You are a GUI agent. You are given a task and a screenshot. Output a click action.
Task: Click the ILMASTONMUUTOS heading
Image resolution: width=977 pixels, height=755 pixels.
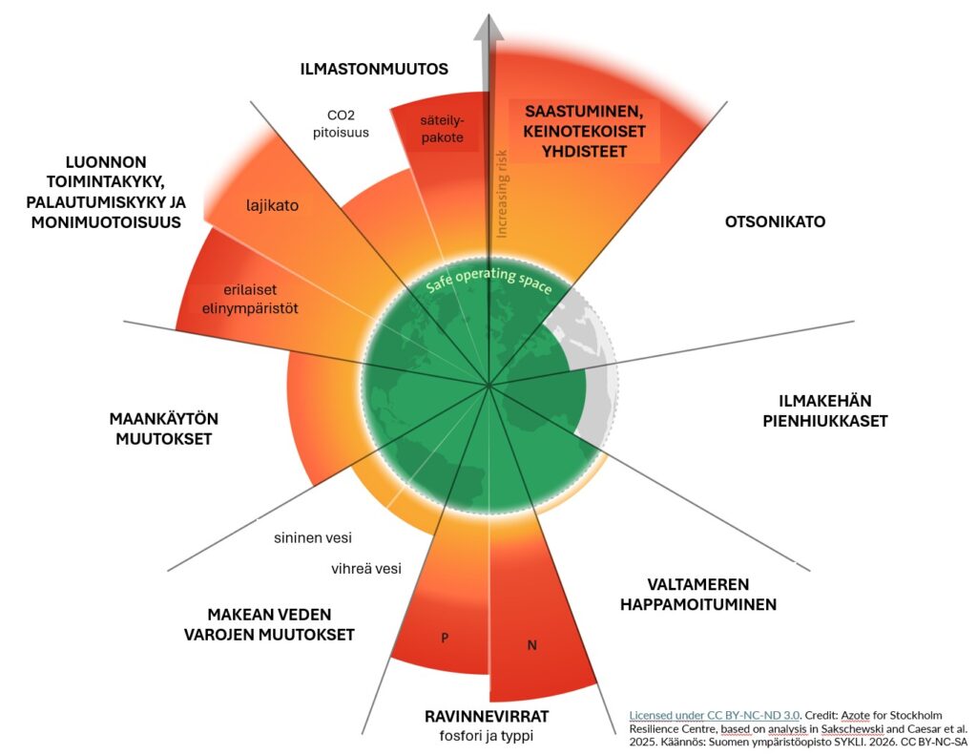[374, 69]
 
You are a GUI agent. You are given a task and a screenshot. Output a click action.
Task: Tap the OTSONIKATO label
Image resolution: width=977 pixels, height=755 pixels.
[775, 221]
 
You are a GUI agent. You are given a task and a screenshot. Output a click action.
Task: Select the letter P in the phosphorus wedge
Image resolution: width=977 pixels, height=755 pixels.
[445, 638]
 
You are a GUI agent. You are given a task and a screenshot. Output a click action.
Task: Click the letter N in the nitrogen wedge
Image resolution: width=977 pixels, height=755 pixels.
[532, 645]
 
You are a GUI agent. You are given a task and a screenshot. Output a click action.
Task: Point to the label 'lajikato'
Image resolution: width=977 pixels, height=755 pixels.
[272, 205]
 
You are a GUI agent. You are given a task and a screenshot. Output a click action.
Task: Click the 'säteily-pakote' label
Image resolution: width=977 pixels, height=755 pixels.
[443, 129]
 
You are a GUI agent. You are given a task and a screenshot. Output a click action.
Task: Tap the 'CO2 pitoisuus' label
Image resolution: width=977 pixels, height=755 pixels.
[341, 123]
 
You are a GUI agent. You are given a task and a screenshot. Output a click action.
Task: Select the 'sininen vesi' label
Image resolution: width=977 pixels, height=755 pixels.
[313, 537]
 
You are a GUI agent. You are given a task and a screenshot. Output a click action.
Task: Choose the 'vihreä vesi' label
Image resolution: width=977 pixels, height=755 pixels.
[366, 569]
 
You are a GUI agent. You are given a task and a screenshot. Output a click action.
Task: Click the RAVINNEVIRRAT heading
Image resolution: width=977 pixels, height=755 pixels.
[487, 716]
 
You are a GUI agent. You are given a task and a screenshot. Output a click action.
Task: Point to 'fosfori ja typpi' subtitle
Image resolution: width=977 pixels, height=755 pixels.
[487, 736]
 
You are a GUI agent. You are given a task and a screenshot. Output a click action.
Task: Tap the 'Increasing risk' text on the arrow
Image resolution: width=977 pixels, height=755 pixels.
[502, 194]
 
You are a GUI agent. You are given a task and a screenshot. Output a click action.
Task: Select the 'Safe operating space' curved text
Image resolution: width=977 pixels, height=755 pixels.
[489, 280]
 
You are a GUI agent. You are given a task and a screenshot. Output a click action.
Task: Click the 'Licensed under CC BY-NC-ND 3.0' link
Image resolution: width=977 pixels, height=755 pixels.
[714, 715]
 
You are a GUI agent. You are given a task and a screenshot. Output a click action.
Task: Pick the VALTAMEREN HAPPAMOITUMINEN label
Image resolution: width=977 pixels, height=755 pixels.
[698, 594]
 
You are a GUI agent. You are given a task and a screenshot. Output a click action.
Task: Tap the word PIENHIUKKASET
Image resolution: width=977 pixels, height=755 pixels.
[825, 421]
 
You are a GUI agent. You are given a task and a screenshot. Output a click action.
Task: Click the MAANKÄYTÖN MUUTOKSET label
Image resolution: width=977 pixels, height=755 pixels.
[164, 429]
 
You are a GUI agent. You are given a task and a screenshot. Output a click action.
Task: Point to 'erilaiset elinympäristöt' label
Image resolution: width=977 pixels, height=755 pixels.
[250, 300]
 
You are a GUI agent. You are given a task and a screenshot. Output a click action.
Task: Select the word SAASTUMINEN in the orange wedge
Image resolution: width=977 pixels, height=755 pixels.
[584, 112]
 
